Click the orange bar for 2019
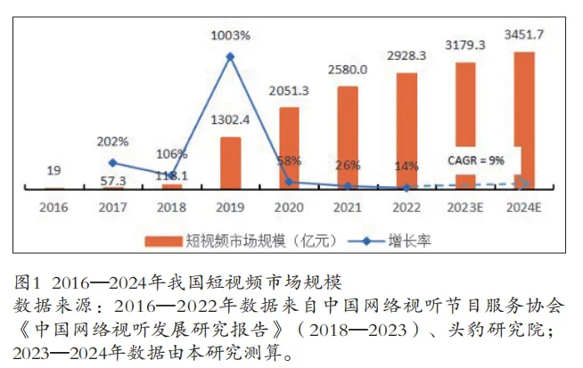pos(230,162)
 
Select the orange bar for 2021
pos(348,137)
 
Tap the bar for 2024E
pos(524,119)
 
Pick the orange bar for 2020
pos(289,148)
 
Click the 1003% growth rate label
pos(230,35)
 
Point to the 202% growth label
pos(113,141)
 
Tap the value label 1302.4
pos(230,119)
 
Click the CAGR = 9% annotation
pos(476,161)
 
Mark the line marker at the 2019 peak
pos(230,56)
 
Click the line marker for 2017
pos(112,162)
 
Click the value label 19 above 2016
pos(53,170)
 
